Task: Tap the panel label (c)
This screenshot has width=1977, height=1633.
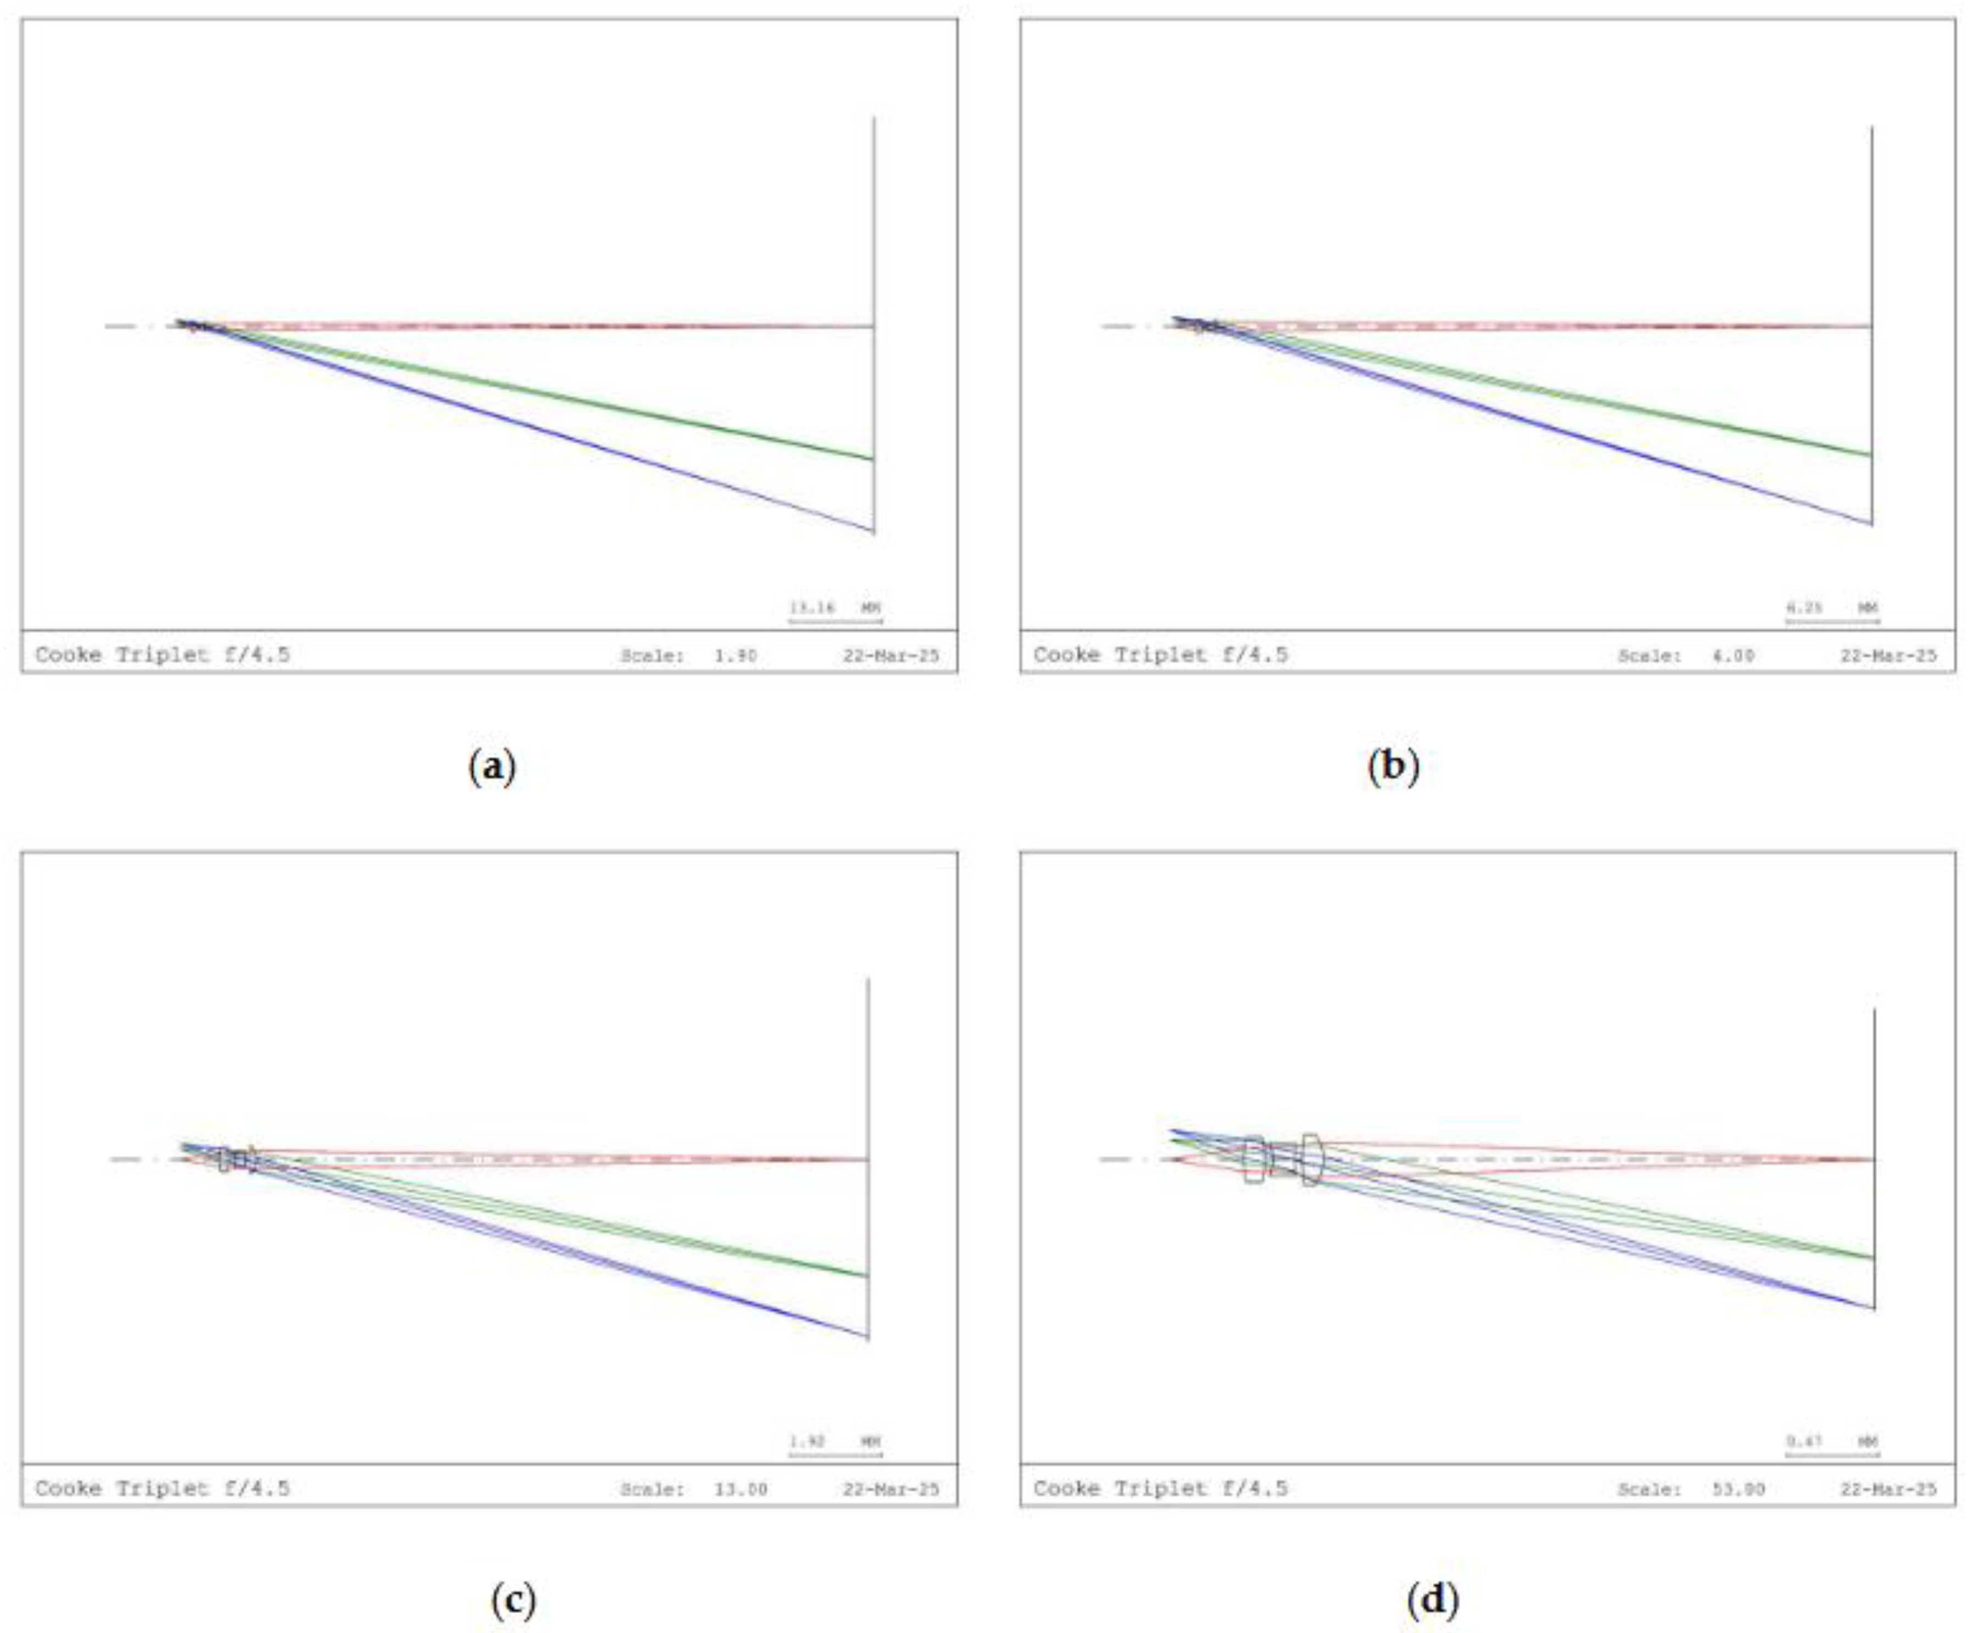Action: coord(513,1598)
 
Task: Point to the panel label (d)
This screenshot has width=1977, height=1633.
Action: coord(1432,1598)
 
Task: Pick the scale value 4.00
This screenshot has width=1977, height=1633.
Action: coord(1732,656)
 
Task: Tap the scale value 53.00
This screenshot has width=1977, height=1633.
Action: coord(1738,1489)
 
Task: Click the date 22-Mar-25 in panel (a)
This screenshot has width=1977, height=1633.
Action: coord(890,656)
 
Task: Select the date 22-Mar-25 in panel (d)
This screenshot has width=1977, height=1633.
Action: coord(1887,1489)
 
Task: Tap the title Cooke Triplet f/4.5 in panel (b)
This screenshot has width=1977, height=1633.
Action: coord(1160,655)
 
